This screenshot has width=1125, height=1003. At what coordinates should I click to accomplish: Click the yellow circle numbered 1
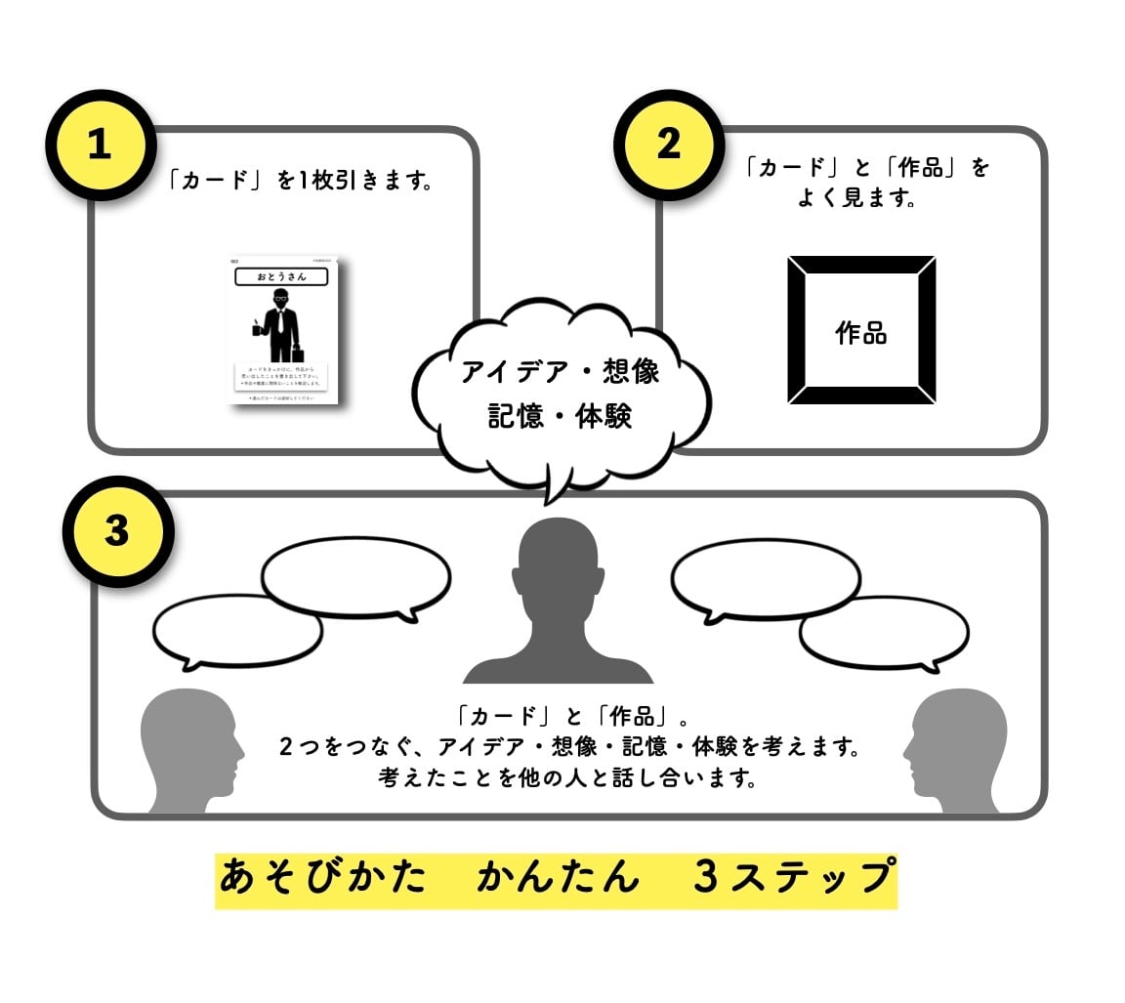100,146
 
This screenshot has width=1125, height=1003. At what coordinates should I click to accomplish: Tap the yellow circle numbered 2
668,145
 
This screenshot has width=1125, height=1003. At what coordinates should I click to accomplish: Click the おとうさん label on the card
282,276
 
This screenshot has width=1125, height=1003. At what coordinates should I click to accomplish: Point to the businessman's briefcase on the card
296,355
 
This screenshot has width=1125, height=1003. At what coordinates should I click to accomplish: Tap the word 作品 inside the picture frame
861,332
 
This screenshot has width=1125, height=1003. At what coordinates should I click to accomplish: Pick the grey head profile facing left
953,747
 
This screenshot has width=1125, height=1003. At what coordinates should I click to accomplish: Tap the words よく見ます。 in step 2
855,199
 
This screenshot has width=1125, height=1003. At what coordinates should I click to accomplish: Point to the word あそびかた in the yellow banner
323,877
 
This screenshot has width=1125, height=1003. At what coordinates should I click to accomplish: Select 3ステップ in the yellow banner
793,877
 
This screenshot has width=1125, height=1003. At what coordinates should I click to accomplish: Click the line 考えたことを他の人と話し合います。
568,779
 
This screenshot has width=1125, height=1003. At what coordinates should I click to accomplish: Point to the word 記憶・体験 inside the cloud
561,415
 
